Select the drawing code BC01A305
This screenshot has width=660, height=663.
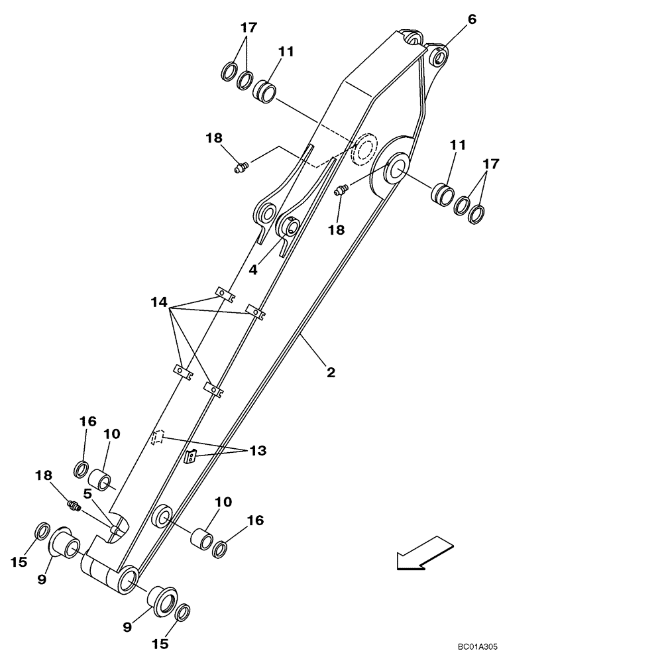pyautogui.click(x=481, y=647)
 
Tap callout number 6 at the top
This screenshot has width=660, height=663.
pyautogui.click(x=471, y=19)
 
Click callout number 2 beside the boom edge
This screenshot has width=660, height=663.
pyautogui.click(x=331, y=372)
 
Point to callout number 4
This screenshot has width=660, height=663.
pyautogui.click(x=254, y=271)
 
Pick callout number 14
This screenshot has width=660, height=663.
pyautogui.click(x=158, y=302)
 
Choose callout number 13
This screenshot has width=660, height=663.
pyautogui.click(x=258, y=451)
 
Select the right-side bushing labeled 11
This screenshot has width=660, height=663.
pyautogui.click(x=443, y=196)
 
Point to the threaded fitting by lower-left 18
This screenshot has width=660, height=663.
pyautogui.click(x=74, y=507)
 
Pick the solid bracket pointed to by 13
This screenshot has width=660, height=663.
pyautogui.click(x=191, y=456)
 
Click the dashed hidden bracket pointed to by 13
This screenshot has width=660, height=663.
pyautogui.click(x=157, y=438)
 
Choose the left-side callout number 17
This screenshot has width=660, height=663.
pyautogui.click(x=248, y=28)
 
